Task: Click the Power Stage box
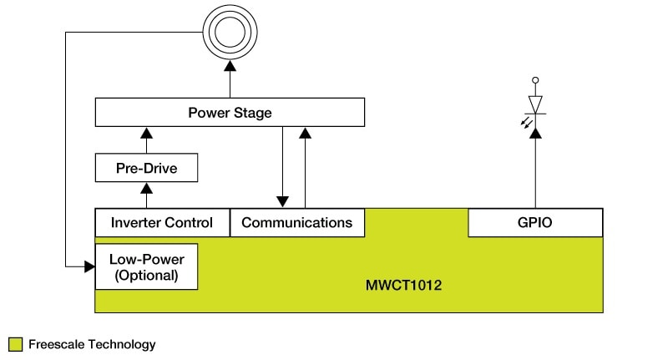[230, 113]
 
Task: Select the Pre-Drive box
[146, 169]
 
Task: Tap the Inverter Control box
[162, 223]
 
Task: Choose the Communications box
[296, 223]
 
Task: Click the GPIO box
[534, 223]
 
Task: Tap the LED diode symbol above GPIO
[535, 104]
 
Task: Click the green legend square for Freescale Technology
[15, 344]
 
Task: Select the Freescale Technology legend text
[92, 344]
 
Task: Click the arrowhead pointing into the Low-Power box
[90, 266]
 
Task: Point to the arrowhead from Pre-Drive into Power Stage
[146, 132]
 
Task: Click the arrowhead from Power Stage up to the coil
[230, 68]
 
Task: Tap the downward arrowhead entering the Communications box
[282, 202]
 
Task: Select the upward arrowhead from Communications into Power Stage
[305, 132]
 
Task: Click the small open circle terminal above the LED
[535, 80]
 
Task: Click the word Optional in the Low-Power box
[146, 276]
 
